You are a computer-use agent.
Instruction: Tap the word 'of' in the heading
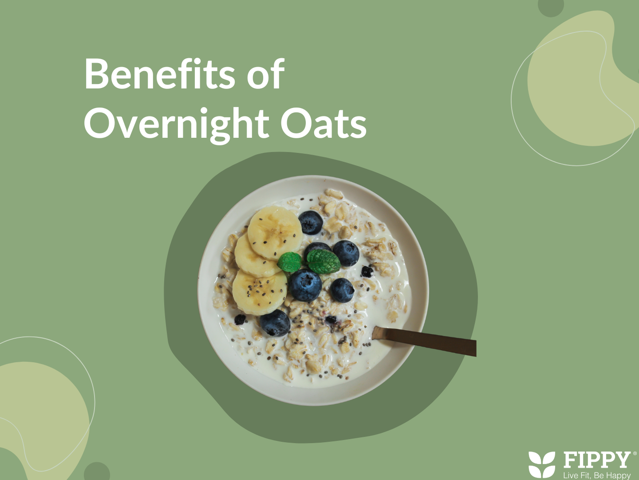tap(265, 73)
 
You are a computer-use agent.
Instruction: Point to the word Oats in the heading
tap(323, 124)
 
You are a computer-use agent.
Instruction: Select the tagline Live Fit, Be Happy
tap(597, 475)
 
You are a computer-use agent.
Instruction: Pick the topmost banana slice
tap(275, 232)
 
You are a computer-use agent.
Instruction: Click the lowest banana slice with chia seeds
tap(259, 292)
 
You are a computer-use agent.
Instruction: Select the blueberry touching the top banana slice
tap(310, 222)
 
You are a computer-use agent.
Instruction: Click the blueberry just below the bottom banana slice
tap(275, 323)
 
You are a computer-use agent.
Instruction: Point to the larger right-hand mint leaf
tap(323, 261)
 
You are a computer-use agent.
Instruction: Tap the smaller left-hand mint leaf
tap(289, 262)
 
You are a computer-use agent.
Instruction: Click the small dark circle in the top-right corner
tap(551, 5)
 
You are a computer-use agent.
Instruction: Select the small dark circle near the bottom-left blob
tap(97, 472)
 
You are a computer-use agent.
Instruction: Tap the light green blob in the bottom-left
tap(41, 420)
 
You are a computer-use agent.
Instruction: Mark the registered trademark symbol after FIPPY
tap(635, 453)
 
